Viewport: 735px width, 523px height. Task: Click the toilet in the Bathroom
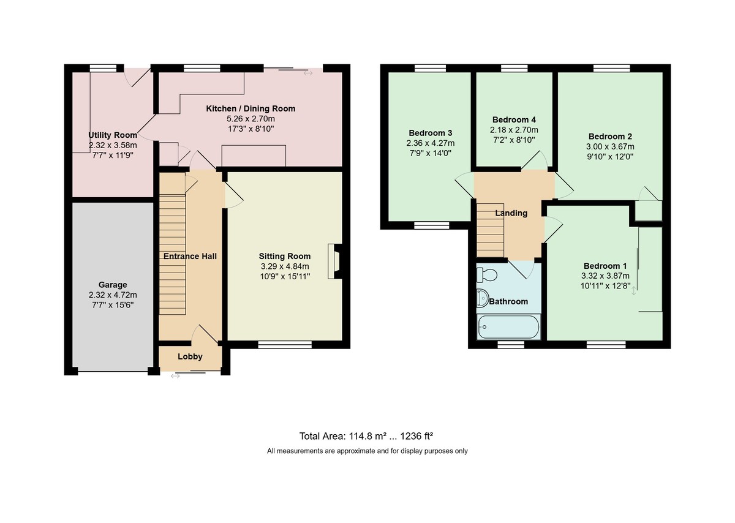[486, 274]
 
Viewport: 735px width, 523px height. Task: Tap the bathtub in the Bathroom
[508, 327]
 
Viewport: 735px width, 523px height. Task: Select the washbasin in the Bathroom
[483, 298]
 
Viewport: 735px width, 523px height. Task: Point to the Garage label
[113, 285]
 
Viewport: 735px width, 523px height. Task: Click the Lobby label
[190, 356]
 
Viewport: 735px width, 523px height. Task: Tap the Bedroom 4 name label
[514, 120]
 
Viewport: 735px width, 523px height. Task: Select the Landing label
[511, 213]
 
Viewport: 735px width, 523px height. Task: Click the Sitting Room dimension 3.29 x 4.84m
[284, 266]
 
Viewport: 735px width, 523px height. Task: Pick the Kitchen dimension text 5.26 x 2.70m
[251, 119]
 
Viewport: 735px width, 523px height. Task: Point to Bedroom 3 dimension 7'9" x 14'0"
[431, 153]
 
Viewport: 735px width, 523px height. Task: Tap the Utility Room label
[113, 135]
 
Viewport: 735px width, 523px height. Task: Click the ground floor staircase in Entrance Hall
[172, 255]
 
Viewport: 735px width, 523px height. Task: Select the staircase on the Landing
[490, 230]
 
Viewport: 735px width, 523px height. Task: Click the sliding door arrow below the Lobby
[175, 376]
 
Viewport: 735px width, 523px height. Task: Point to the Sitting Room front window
[285, 345]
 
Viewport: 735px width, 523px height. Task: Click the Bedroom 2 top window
[612, 68]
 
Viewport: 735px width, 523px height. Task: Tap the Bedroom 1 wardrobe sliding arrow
[633, 291]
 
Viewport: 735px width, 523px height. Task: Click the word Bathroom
[508, 301]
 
